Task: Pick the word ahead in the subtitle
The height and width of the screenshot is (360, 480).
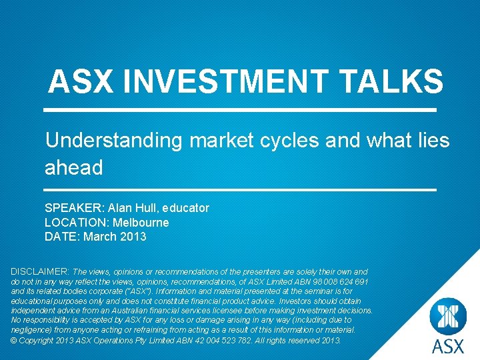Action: point(73,167)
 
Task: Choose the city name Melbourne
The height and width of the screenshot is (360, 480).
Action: point(141,223)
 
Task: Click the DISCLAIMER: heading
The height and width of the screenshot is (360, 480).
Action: point(39,272)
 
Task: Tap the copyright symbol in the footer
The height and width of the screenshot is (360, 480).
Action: point(14,340)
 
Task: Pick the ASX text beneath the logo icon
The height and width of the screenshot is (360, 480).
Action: point(447,347)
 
